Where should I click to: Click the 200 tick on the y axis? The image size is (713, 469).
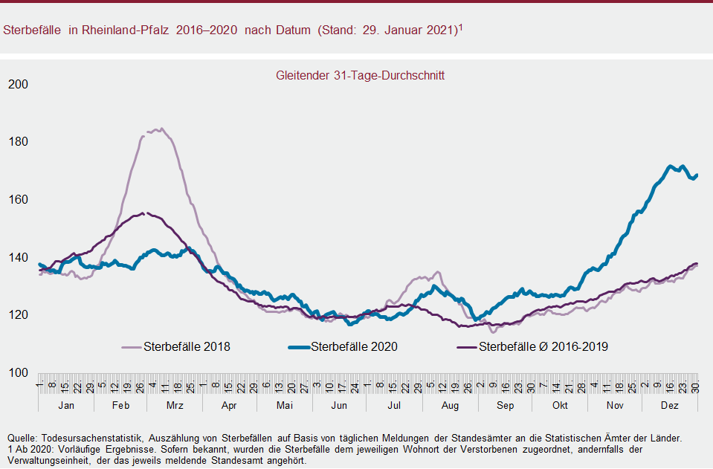tap(17, 84)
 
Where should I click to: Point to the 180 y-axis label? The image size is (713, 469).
tap(17, 142)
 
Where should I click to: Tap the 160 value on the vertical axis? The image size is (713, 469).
tap(17, 200)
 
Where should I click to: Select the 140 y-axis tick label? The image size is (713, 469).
tap(17, 258)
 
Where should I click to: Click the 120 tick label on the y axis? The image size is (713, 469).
tap(17, 315)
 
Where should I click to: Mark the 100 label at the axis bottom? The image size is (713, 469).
tap(17, 373)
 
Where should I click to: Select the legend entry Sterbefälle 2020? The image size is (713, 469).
tap(354, 346)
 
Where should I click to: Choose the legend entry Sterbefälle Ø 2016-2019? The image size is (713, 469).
tap(543, 346)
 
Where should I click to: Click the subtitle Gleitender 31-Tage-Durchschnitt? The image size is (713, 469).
tap(360, 75)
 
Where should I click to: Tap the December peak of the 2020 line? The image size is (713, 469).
tap(671, 166)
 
